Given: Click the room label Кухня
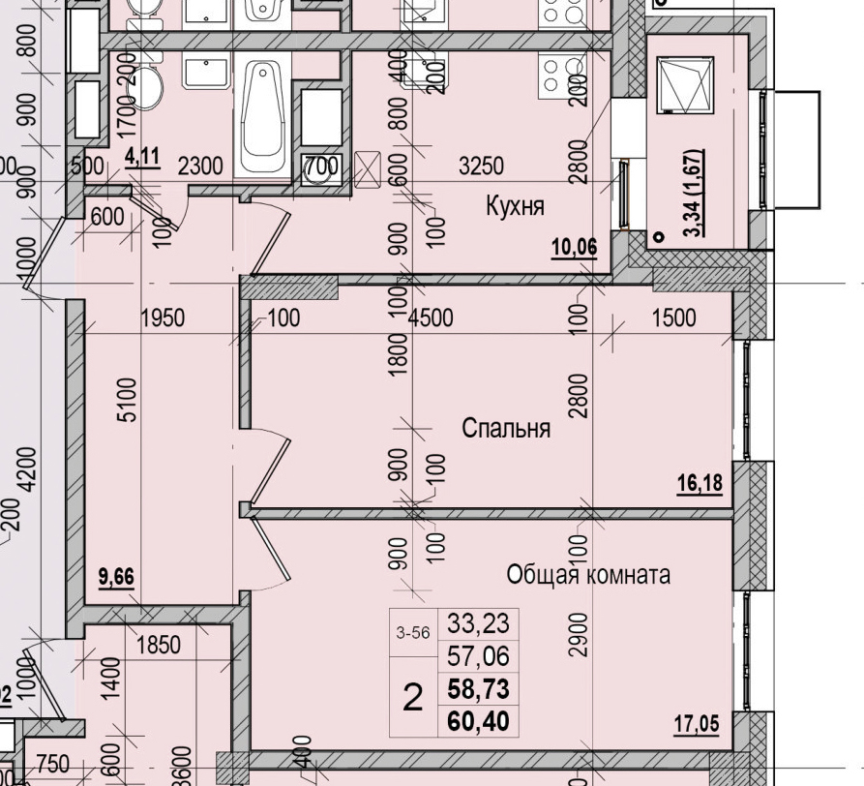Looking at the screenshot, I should [x=516, y=206].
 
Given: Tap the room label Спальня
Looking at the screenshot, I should [x=505, y=428].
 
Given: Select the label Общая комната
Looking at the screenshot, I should [x=588, y=575].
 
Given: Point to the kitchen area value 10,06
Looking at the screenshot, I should [x=574, y=248].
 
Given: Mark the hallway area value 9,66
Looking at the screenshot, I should [x=116, y=579].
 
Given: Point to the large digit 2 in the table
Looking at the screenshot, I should [x=413, y=697].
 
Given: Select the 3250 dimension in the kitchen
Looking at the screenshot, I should [x=480, y=166].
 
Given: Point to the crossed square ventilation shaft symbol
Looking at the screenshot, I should [x=369, y=166].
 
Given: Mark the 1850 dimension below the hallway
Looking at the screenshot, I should [x=158, y=645].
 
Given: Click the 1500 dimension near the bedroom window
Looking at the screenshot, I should [x=672, y=318].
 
